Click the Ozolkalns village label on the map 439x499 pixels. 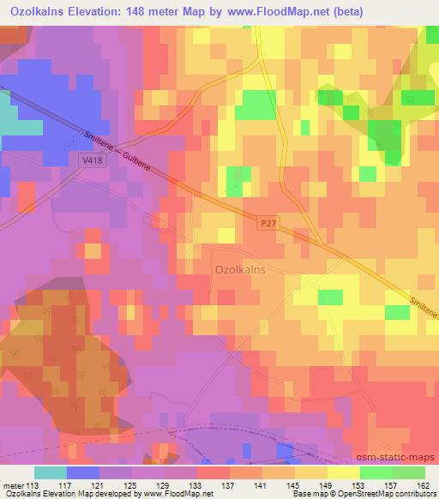point(239,268)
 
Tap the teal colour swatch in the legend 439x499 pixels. point(51,472)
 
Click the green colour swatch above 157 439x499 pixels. point(376,472)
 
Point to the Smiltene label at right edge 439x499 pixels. point(422,307)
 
